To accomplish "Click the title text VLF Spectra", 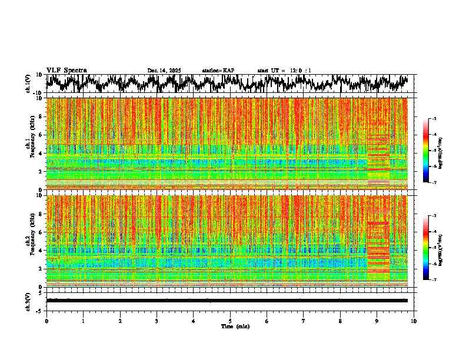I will pos(66,70).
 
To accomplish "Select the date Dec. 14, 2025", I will pos(164,71).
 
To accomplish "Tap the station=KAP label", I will pos(218,71).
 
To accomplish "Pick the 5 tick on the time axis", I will pos(230,321).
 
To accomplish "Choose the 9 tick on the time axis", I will pos(377,321).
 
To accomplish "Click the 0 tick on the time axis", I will pos(46,321).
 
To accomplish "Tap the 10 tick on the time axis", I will pos(414,321).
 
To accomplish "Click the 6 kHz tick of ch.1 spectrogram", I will pos(42,135).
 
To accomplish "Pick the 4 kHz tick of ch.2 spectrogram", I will pos(42,251).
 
